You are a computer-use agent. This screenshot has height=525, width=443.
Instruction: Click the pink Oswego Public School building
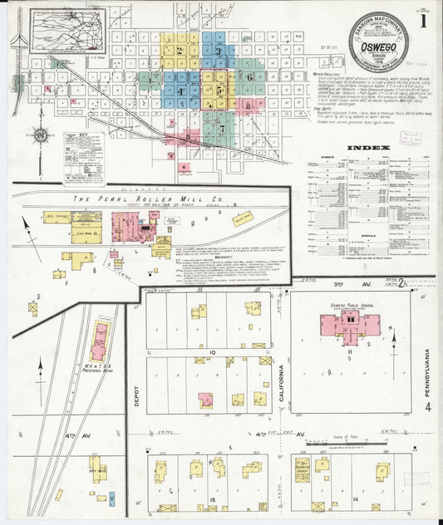click(351, 324)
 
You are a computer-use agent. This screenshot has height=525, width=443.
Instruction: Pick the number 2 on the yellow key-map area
click(180, 50)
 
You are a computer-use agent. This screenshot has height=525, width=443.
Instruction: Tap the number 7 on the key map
click(222, 129)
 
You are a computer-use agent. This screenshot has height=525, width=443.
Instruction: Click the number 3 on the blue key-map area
click(218, 52)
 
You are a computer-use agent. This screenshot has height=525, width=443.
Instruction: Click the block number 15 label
click(213, 498)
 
